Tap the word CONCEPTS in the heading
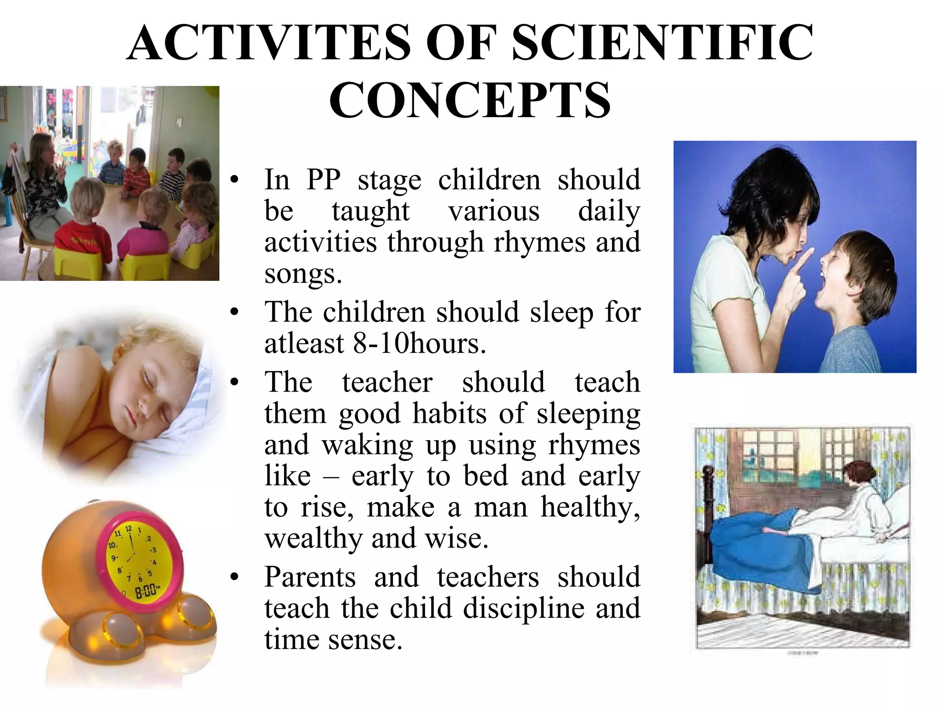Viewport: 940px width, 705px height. (470, 100)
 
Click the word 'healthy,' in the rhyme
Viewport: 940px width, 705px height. (591, 507)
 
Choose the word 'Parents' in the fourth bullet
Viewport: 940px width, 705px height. (310, 576)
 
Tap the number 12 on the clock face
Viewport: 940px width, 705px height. (129, 529)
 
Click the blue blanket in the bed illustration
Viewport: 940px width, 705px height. (753, 537)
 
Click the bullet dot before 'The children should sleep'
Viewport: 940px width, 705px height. (235, 313)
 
